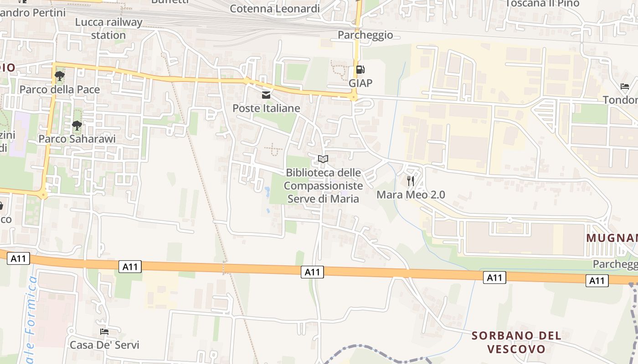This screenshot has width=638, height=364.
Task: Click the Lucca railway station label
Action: pos(108,29)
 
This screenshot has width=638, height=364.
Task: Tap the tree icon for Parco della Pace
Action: pos(59,76)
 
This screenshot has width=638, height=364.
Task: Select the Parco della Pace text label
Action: pos(59,90)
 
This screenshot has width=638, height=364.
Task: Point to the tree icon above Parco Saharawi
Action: pos(77,125)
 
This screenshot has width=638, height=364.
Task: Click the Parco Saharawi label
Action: pos(77,139)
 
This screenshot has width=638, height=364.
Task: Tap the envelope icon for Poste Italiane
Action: pos(266,95)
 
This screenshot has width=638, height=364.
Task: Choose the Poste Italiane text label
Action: pos(266,108)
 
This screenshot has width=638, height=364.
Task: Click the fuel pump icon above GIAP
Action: pos(360,70)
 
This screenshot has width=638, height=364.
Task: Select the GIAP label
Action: pos(360,83)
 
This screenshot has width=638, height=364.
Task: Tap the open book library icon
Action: pos(323,159)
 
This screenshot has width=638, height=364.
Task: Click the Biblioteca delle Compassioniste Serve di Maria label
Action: pos(323,186)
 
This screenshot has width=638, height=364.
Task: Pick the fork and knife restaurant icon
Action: pos(411,181)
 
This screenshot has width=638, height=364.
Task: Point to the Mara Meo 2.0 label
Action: pos(411,195)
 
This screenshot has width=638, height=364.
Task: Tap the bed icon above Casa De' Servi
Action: pos(104,332)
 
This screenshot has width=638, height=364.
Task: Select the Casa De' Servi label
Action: pos(104,345)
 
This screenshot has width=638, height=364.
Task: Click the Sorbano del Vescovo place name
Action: pos(516,342)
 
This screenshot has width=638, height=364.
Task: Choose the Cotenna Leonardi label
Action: pos(275,8)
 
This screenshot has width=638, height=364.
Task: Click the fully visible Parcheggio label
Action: pos(365,35)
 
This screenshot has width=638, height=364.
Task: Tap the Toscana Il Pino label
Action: pos(542,4)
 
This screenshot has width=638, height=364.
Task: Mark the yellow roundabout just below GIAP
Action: pos(354,97)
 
